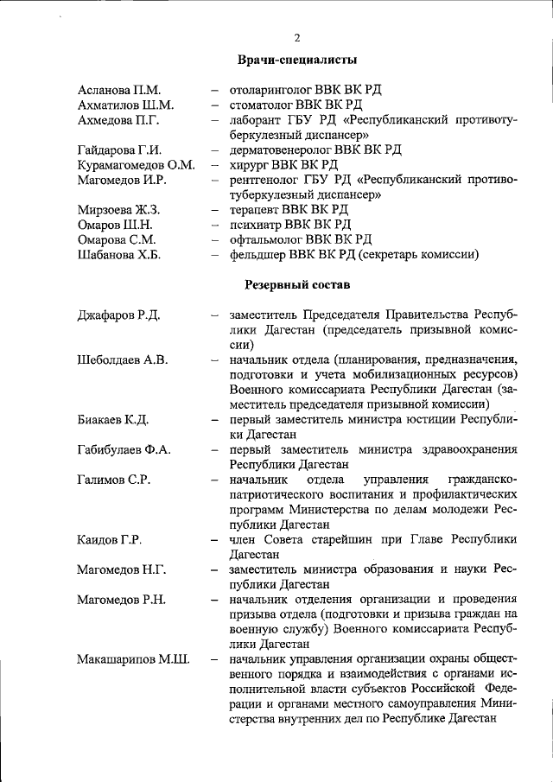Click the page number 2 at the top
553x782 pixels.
pos(296,37)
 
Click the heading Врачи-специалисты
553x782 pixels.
pos(297,60)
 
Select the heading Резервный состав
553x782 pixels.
pos(297,283)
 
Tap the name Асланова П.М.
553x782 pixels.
pos(119,90)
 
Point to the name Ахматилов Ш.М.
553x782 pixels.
pos(125,105)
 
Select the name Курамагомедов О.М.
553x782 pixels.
pos(136,164)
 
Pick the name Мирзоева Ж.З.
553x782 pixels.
pos(118,209)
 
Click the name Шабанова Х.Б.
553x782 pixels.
pos(119,254)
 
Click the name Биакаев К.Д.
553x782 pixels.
pos(113,420)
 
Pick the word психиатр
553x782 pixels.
pos(255,225)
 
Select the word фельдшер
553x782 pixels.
pos(258,254)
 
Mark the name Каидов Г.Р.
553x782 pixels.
pos(110,540)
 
